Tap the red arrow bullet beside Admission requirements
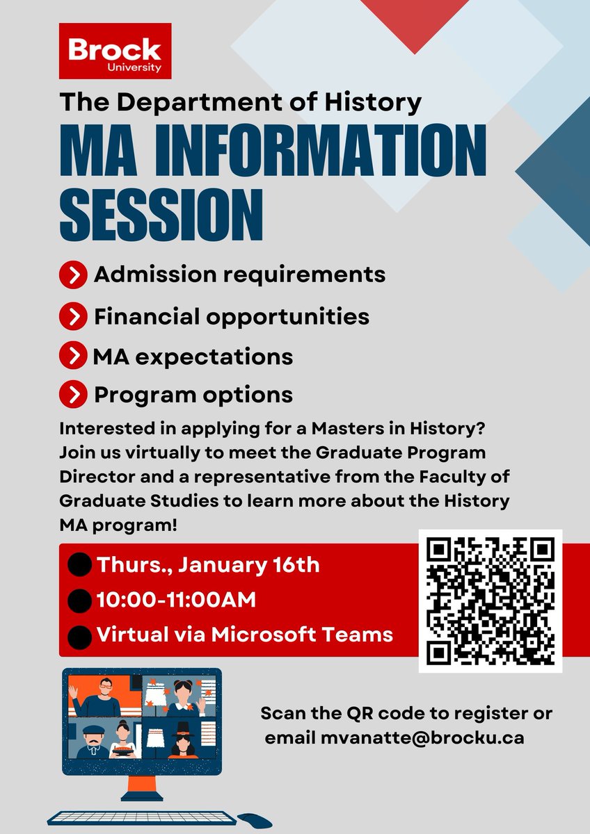(74, 275)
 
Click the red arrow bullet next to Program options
(73, 395)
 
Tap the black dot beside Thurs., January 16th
(81, 566)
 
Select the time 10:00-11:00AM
(177, 600)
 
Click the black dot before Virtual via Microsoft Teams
(81, 635)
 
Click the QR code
(490, 601)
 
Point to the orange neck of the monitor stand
(141, 790)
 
